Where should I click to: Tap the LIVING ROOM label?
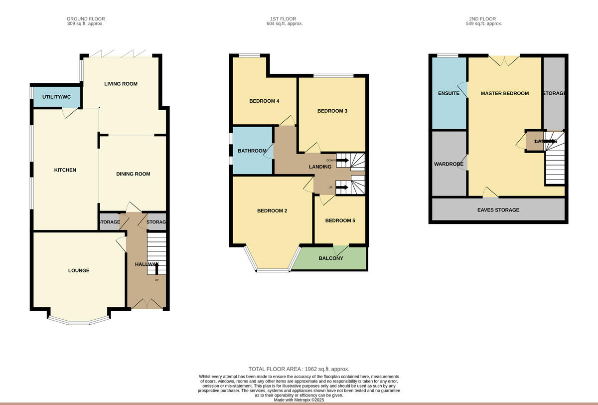(x=121, y=84)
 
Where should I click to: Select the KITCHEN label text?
(x=65, y=170)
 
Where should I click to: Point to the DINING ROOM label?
(x=133, y=174)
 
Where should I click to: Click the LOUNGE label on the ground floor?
(x=79, y=270)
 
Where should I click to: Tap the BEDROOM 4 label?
(x=264, y=101)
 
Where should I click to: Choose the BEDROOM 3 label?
(x=332, y=111)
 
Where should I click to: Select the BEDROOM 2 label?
(x=272, y=210)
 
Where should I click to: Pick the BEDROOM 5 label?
(x=340, y=220)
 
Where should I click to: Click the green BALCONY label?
(x=331, y=258)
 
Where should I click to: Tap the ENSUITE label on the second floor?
(x=448, y=93)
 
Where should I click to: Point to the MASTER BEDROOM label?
(x=504, y=93)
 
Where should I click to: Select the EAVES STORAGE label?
(x=498, y=210)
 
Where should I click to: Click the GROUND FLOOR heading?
(x=86, y=19)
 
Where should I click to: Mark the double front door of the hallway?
(x=146, y=304)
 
